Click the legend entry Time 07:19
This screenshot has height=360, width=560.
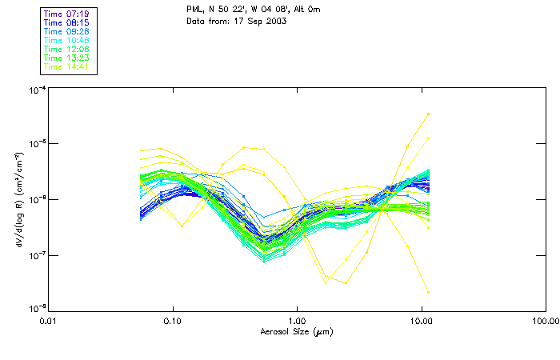[x=67, y=14]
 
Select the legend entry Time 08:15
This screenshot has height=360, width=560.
[x=67, y=22]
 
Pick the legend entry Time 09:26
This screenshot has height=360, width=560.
[x=67, y=31]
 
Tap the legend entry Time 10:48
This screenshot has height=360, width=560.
[x=67, y=40]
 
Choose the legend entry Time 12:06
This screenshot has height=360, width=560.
[x=67, y=49]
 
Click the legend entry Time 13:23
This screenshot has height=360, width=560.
[x=67, y=58]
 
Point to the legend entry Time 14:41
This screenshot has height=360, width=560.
[x=67, y=66]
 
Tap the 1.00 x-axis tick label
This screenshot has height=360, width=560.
[x=297, y=320]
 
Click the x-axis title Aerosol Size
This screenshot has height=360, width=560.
[x=296, y=331]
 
